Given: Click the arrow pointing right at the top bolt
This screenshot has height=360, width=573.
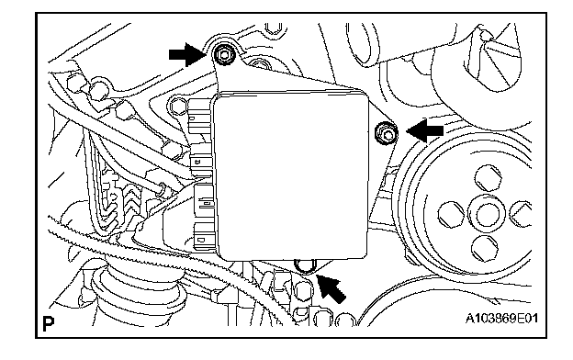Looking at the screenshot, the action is pyautogui.click(x=187, y=55).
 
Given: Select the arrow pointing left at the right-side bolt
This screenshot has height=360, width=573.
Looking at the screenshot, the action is pyautogui.click(x=425, y=130).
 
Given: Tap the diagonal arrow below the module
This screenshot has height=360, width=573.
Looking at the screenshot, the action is pyautogui.click(x=331, y=288).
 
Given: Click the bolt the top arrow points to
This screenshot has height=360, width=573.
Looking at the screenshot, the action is pyautogui.click(x=223, y=55).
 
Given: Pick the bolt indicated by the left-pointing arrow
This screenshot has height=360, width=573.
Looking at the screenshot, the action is pyautogui.click(x=387, y=132).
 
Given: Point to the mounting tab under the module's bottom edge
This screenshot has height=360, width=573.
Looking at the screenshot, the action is pyautogui.click(x=306, y=266).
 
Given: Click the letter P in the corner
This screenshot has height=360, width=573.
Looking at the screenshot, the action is pyautogui.click(x=49, y=323).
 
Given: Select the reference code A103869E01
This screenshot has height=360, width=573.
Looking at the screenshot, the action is pyautogui.click(x=501, y=319).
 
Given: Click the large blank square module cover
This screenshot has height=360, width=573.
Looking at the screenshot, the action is pyautogui.click(x=291, y=176).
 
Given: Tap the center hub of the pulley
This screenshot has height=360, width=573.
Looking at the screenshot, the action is pyautogui.click(x=486, y=213).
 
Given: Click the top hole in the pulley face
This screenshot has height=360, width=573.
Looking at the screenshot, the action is pyautogui.click(x=489, y=177).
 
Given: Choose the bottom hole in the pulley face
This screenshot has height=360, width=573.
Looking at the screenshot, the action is pyautogui.click(x=485, y=249).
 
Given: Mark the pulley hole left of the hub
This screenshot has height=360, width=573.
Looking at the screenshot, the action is pyautogui.click(x=451, y=215).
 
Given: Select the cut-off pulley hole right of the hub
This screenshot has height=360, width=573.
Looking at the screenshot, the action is pyautogui.click(x=521, y=213).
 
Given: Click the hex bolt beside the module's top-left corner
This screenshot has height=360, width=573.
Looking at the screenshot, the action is pyautogui.click(x=178, y=106).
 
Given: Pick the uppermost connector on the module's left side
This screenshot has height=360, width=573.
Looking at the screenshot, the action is pyautogui.click(x=200, y=117).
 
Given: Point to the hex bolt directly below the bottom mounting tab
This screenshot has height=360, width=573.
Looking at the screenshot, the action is pyautogui.click(x=303, y=289).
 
